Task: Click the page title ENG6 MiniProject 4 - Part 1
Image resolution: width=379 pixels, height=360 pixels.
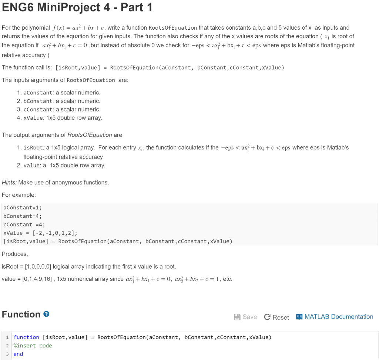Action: pos(77,7)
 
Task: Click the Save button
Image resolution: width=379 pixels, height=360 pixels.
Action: pos(245,317)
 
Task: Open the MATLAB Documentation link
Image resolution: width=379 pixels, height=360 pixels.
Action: pos(335,317)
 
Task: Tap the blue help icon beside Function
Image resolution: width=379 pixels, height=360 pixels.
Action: pos(46,314)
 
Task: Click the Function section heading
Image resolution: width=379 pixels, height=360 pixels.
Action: pos(21,314)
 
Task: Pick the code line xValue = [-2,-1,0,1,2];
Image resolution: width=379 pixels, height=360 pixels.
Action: pos(40,233)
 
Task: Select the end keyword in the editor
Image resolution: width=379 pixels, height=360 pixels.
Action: pos(18,354)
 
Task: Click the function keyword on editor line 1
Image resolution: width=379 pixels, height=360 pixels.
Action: pos(26,337)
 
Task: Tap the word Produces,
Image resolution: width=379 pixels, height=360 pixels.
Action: pos(15,254)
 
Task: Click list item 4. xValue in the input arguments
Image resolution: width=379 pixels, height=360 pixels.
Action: pos(59,118)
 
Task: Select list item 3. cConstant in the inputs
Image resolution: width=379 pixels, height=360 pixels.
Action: pos(58,109)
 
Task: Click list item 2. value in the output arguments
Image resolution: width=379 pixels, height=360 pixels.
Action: pos(61,165)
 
